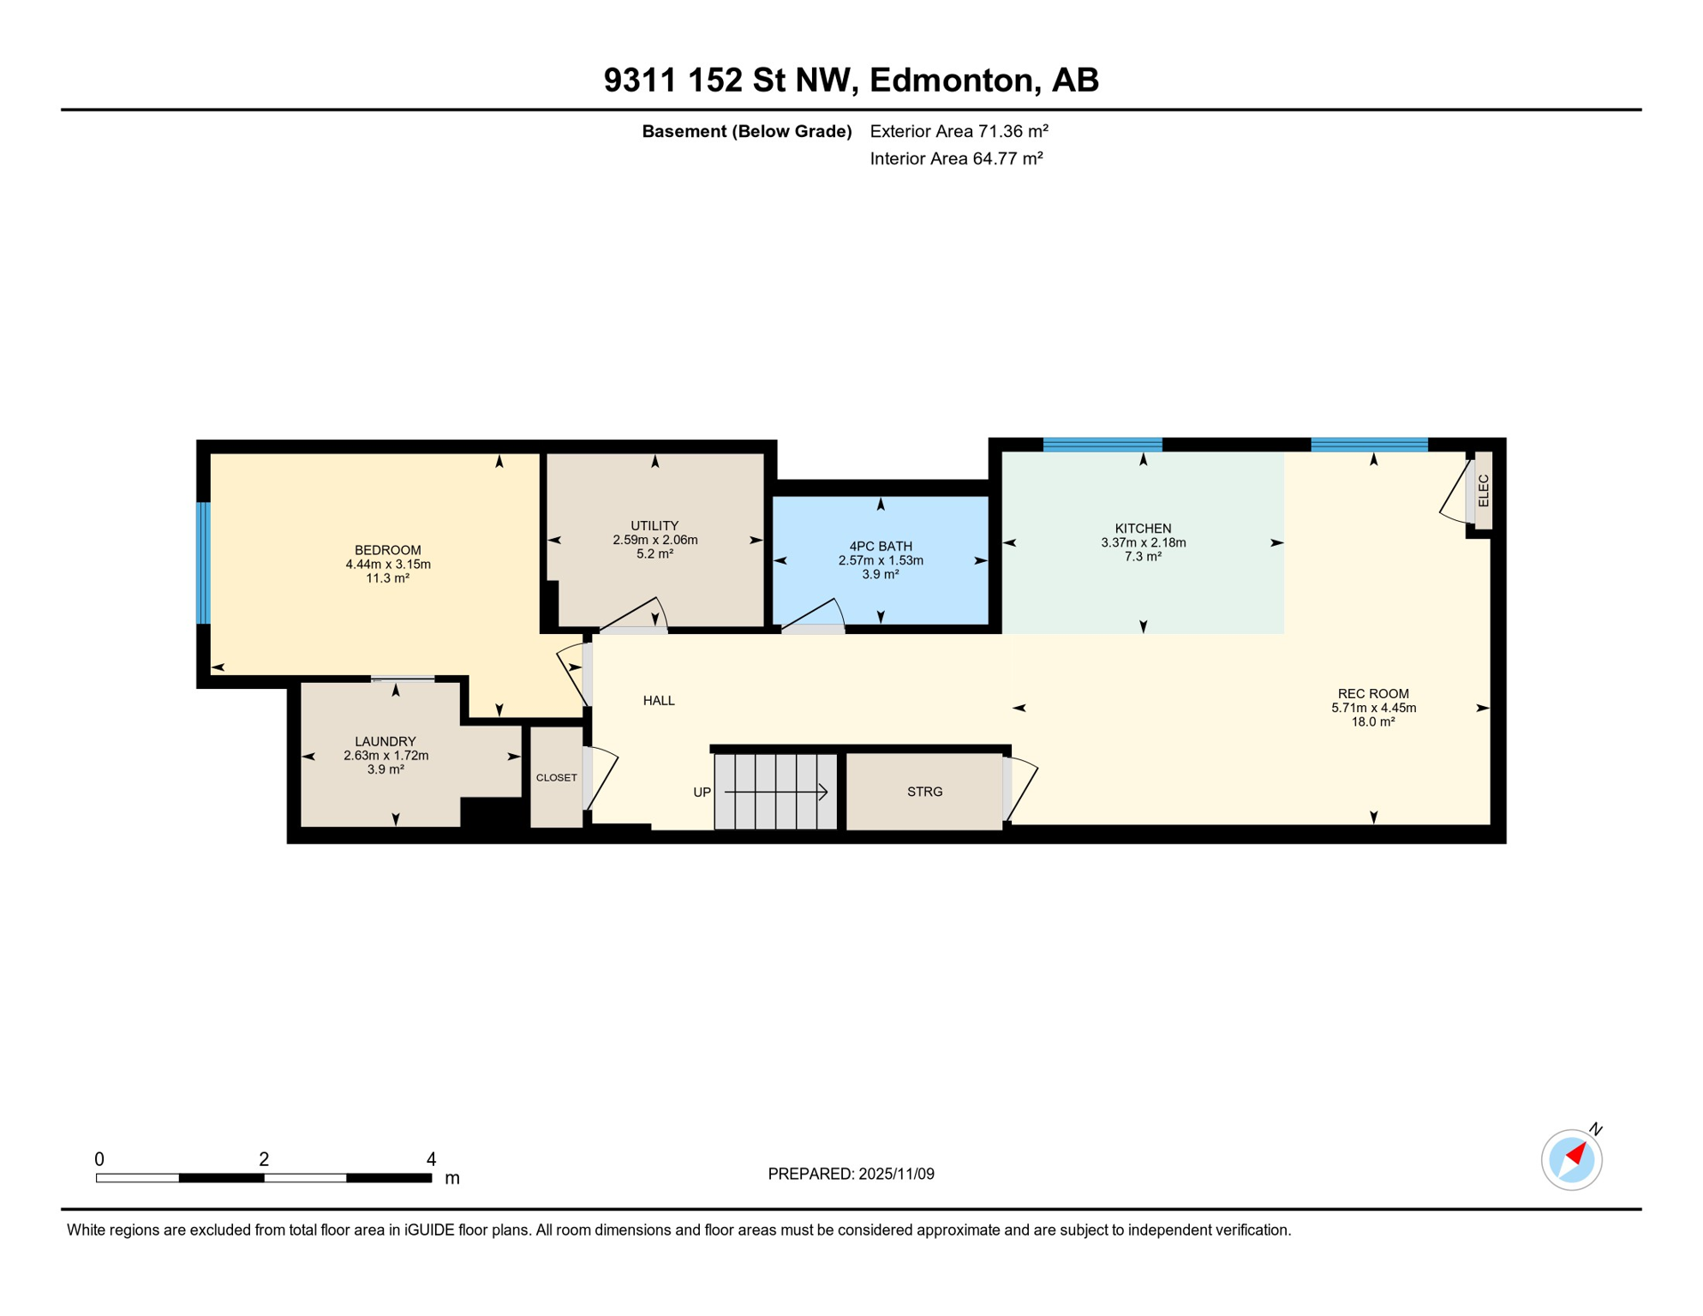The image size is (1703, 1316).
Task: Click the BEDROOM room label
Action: [388, 550]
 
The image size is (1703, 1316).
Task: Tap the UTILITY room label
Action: [654, 525]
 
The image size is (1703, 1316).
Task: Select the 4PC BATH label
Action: [881, 546]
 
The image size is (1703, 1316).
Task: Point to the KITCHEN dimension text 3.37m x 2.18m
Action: [1143, 542]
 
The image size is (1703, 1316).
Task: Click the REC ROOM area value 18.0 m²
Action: [1372, 721]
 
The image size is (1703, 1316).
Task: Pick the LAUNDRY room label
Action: [385, 741]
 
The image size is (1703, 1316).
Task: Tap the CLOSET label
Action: [556, 778]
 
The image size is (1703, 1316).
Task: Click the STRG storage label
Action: [924, 792]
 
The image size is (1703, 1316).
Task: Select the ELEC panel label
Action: [1484, 490]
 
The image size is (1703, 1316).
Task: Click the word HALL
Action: [659, 701]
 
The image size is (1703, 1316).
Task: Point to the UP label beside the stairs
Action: [702, 793]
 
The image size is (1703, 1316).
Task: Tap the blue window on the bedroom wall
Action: [204, 563]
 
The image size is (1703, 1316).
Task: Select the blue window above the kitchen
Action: [1102, 445]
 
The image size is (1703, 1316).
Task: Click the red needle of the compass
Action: [1575, 1153]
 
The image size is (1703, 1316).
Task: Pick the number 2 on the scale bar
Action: [264, 1159]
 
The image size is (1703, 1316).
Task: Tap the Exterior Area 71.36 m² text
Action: [959, 131]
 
